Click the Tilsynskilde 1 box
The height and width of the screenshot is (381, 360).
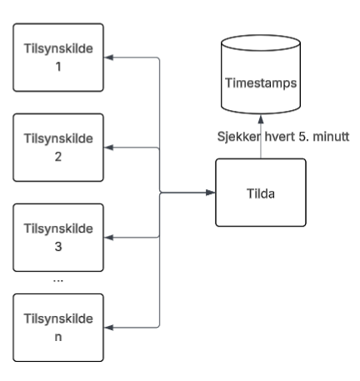[58, 58]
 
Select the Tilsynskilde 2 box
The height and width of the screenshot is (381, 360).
[58, 148]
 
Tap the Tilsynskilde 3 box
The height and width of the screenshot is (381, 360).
[58, 238]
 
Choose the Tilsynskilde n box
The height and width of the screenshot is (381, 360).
[58, 328]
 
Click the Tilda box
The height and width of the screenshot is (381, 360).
[261, 193]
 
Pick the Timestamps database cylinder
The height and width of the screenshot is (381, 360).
[261, 74]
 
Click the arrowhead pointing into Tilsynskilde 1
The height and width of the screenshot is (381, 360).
[108, 58]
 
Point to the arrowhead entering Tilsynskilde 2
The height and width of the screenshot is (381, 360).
[108, 148]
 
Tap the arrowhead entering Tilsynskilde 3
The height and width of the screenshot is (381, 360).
[108, 238]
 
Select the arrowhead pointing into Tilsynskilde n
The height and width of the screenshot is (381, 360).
[108, 328]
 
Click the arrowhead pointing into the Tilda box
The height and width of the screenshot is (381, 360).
[211, 193]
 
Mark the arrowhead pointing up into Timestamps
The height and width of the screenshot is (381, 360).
[261, 119]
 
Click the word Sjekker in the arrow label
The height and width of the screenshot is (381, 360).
[239, 137]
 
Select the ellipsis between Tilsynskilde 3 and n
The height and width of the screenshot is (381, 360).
[58, 281]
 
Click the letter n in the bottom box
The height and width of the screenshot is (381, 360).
[58, 337]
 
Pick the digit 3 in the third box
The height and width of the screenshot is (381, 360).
[58, 247]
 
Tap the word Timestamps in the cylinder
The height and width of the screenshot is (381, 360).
[261, 83]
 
